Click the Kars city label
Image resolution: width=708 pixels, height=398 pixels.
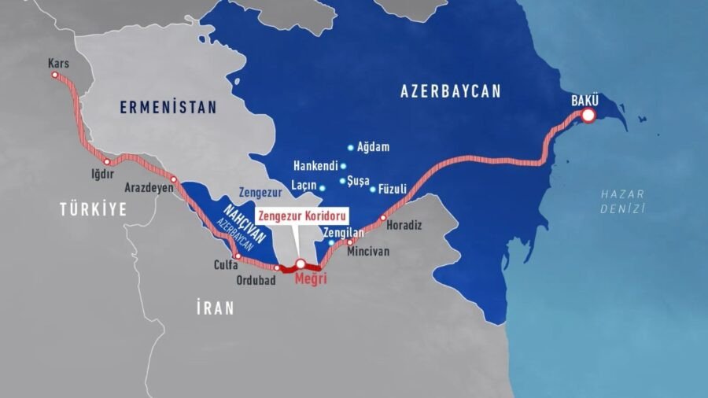click(x=58, y=63)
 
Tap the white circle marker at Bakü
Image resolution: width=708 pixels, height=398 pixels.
click(x=588, y=116)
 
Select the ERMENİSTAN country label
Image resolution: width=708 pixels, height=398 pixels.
click(x=168, y=108)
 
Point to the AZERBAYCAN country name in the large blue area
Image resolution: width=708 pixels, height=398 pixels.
click(x=450, y=91)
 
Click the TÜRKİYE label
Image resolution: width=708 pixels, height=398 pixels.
click(x=93, y=208)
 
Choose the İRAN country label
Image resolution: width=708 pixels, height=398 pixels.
click(x=215, y=308)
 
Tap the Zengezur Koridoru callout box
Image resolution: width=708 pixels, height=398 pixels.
click(x=301, y=215)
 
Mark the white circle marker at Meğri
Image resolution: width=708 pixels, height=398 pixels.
click(x=300, y=263)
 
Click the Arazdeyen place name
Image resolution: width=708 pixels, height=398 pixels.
click(x=149, y=189)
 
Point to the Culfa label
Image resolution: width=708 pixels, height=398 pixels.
click(x=226, y=266)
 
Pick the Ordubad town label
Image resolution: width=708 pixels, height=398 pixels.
click(x=256, y=281)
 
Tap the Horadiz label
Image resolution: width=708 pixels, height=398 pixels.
click(x=404, y=225)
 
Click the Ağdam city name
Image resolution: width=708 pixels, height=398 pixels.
click(x=374, y=147)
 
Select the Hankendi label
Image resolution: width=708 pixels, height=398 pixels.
click(x=315, y=166)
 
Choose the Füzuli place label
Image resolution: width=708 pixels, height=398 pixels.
click(x=393, y=189)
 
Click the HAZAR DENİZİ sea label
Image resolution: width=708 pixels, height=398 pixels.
click(x=621, y=201)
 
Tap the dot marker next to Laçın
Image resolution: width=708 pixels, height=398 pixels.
click(x=323, y=188)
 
